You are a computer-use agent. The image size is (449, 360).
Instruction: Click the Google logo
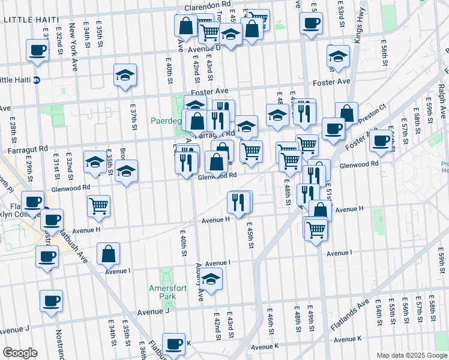tap(20, 353)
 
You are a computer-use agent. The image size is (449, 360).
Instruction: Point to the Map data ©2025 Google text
tap(411, 355)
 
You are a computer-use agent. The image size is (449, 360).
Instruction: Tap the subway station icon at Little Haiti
tap(37, 80)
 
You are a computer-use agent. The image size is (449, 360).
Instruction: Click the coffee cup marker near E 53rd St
tap(310, 24)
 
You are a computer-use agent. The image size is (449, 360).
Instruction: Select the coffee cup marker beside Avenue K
tap(173, 344)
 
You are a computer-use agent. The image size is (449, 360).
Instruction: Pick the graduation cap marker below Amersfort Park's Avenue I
tap(211, 279)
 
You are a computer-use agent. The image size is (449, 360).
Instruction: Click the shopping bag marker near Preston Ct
tap(347, 112)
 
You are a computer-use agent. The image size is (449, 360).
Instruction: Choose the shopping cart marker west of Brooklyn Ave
tap(98, 206)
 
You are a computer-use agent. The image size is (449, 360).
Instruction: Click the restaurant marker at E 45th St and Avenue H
tap(240, 202)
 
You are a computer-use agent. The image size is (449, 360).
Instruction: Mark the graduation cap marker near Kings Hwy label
tap(339, 56)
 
